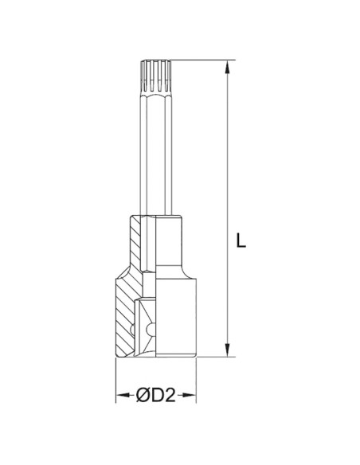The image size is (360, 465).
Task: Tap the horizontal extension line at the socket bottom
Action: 215,358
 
